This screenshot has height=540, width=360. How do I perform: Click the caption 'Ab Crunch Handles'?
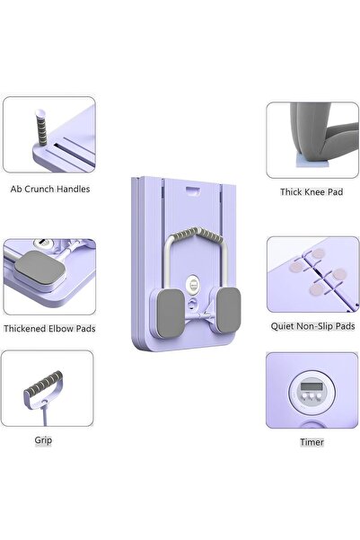point(50,189)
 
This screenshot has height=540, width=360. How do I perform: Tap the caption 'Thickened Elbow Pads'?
point(49,329)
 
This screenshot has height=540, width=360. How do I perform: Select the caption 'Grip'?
point(43,440)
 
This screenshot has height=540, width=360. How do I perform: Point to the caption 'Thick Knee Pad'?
point(312,191)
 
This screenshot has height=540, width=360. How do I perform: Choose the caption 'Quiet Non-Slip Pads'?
point(312,326)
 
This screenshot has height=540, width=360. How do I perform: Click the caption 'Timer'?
point(312,442)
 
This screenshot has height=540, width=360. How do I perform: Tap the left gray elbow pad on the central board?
point(171,313)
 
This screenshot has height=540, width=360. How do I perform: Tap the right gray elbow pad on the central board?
point(228,310)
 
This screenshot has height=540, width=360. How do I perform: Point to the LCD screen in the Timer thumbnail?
point(312,385)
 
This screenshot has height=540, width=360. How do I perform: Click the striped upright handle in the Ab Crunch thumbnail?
point(41,128)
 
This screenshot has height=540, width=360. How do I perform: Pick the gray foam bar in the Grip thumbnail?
point(44,383)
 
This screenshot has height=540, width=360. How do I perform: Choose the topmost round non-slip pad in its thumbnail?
point(318,253)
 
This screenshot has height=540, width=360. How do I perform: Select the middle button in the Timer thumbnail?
point(312,396)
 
